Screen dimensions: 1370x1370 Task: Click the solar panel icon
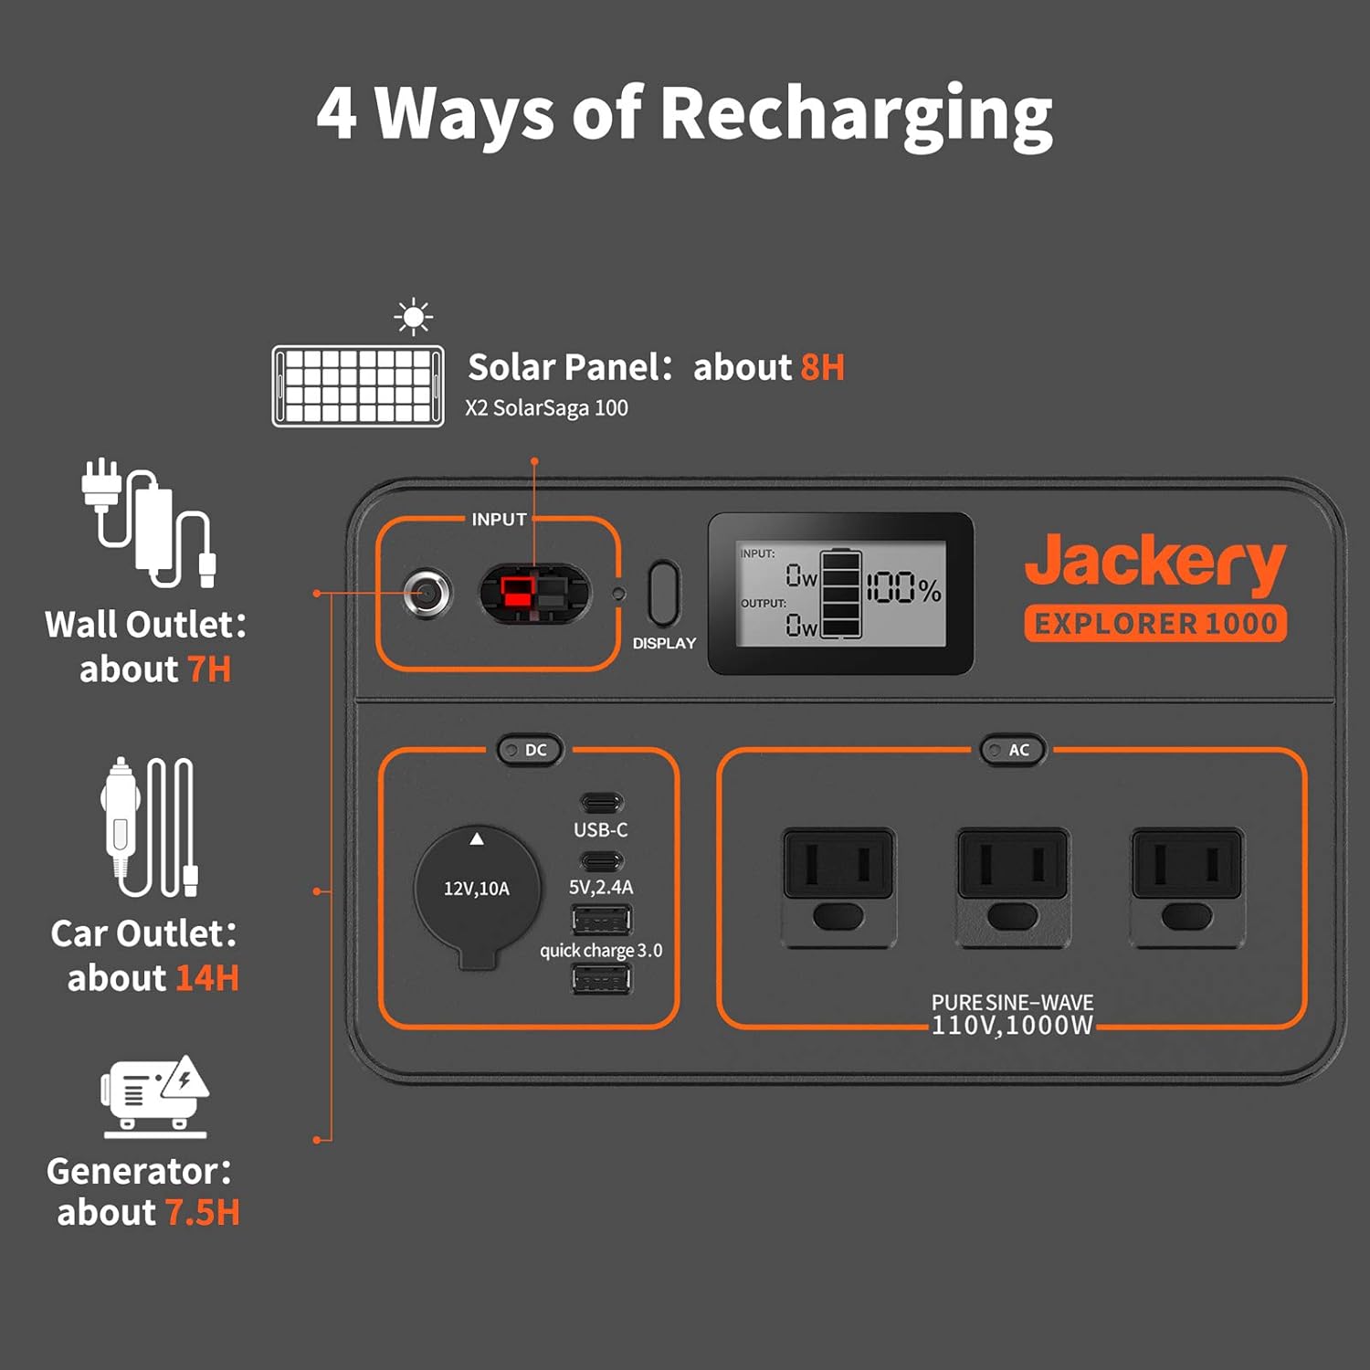coord(358,385)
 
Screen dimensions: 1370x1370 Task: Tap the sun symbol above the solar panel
coord(414,317)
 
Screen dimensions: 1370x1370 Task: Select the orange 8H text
coord(822,367)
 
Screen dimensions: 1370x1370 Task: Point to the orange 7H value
coord(209,669)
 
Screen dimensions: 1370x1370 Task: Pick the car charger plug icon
coord(149,827)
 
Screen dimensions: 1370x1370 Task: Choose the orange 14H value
coord(207,978)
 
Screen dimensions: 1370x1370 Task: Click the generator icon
coord(154,1096)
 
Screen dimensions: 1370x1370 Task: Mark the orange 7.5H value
coord(203,1213)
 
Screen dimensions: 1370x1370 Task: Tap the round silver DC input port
coord(427,594)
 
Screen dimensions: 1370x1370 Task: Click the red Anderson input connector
coord(517,594)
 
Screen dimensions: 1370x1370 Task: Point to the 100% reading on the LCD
coord(903,588)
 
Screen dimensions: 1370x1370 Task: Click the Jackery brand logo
coord(1154,561)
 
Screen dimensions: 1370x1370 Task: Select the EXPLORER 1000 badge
coord(1155,624)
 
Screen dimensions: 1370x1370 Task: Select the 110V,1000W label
coord(1012,1026)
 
